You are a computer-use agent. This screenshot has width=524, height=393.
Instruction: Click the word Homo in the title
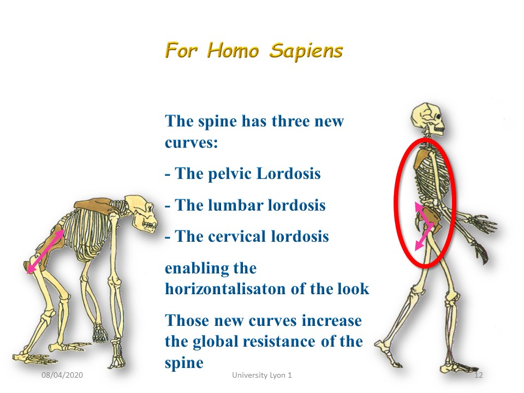pyautogui.click(x=233, y=51)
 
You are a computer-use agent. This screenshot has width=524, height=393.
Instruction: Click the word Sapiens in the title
pyautogui.click(x=306, y=51)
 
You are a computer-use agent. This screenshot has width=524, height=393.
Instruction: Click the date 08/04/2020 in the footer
pyautogui.click(x=62, y=375)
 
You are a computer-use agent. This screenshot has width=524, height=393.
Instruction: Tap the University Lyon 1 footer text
pyautogui.click(x=262, y=376)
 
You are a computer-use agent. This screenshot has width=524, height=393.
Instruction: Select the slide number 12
pyautogui.click(x=479, y=375)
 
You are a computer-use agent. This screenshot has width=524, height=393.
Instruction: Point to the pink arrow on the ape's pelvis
pyautogui.click(x=45, y=251)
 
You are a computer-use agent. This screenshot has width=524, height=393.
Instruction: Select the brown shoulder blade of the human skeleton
pyautogui.click(x=422, y=158)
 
